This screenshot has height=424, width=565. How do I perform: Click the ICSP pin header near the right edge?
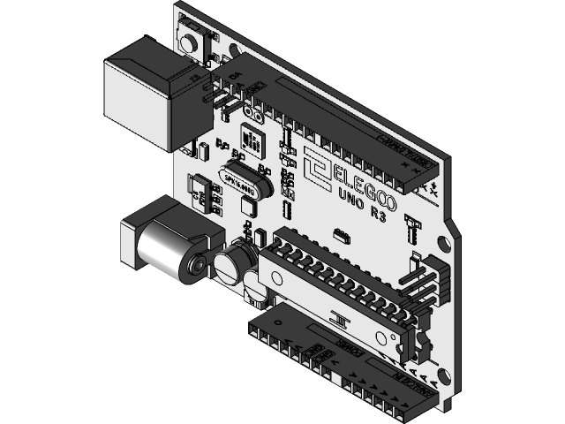click(x=428, y=283)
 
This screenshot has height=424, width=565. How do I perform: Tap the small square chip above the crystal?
click(x=251, y=140)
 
